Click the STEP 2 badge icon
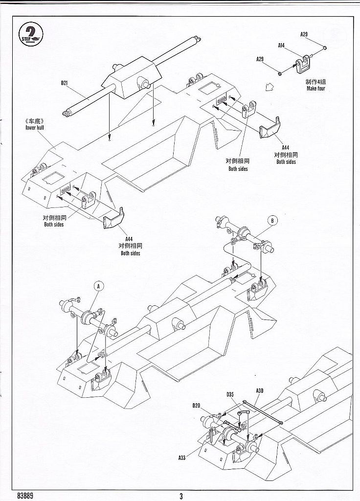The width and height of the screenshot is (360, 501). [x=31, y=34]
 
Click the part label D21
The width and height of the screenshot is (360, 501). [x=64, y=83]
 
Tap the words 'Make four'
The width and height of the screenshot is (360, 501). [x=315, y=89]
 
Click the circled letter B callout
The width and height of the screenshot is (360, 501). [x=272, y=221]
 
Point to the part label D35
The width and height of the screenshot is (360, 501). [x=230, y=394]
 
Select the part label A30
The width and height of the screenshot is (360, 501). [x=259, y=390]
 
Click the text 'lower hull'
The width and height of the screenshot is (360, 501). [x=35, y=127]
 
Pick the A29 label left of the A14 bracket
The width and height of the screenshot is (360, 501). [x=260, y=59]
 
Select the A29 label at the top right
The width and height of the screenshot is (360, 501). [x=304, y=34]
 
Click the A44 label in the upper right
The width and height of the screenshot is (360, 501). [x=286, y=147]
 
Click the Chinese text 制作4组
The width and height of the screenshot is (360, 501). [x=315, y=82]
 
